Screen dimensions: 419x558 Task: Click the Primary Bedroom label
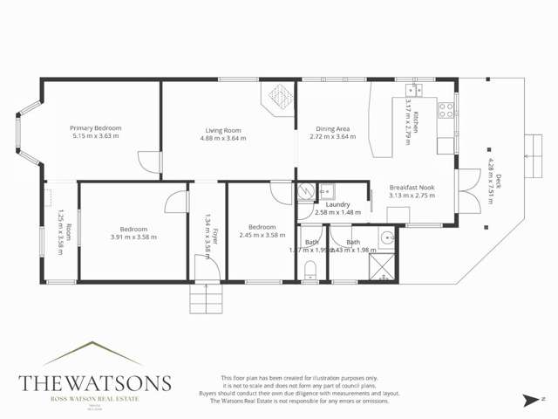pyautogui.click(x=96, y=128)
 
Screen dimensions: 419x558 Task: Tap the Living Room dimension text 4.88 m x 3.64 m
pyautogui.click(x=223, y=138)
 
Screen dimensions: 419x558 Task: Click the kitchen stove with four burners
pyautogui.click(x=446, y=110)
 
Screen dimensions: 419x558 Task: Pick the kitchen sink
pyautogui.click(x=413, y=89)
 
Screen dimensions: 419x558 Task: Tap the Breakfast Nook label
pyautogui.click(x=412, y=187)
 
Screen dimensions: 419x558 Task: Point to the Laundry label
pyautogui.click(x=337, y=204)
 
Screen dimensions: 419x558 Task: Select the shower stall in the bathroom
pyautogui.click(x=381, y=268)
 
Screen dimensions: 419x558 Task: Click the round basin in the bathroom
pyautogui.click(x=386, y=237)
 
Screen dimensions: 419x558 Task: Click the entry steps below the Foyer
pyautogui.click(x=207, y=299)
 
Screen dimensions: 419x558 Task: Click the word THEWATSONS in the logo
pyautogui.click(x=95, y=384)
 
